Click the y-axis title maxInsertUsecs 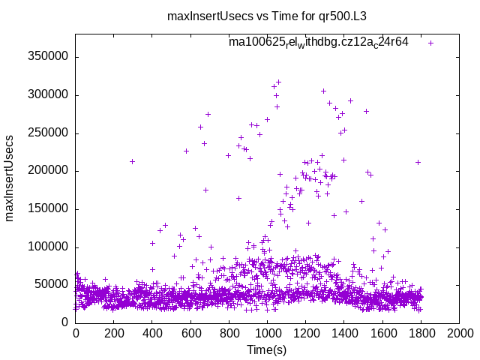tap(10, 178)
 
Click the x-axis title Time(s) tap(267, 349)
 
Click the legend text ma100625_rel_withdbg tap(318, 43)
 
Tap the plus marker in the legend tap(430, 43)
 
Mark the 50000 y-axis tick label tap(53, 285)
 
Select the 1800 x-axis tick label tap(421, 334)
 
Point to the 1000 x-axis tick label tap(267, 334)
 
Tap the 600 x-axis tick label tap(190, 334)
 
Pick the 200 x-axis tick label tap(114, 334)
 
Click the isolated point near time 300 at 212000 tap(133, 161)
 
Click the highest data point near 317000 tap(278, 82)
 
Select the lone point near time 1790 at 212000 tap(418, 162)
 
